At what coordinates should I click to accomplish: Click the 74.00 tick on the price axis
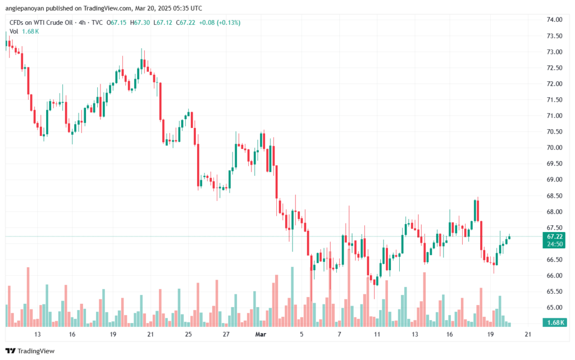tap(555, 20)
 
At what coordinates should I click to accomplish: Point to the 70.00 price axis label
tap(555, 148)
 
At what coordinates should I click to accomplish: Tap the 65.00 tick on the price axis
tap(555, 308)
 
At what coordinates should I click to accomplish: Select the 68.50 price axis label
tap(555, 196)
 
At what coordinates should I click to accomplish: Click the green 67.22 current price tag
tap(555, 236)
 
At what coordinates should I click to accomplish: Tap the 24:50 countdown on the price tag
tap(555, 244)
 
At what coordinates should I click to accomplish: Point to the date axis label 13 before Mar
tap(38, 334)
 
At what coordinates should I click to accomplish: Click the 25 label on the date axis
tap(188, 334)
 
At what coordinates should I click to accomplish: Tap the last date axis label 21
tap(527, 334)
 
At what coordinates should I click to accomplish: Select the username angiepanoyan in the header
tap(25, 8)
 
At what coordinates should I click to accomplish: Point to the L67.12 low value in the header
tap(163, 22)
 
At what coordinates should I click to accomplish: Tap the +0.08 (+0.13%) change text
tap(220, 22)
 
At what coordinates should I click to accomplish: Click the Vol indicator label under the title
tap(13, 31)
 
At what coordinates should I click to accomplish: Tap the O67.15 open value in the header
tap(117, 22)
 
